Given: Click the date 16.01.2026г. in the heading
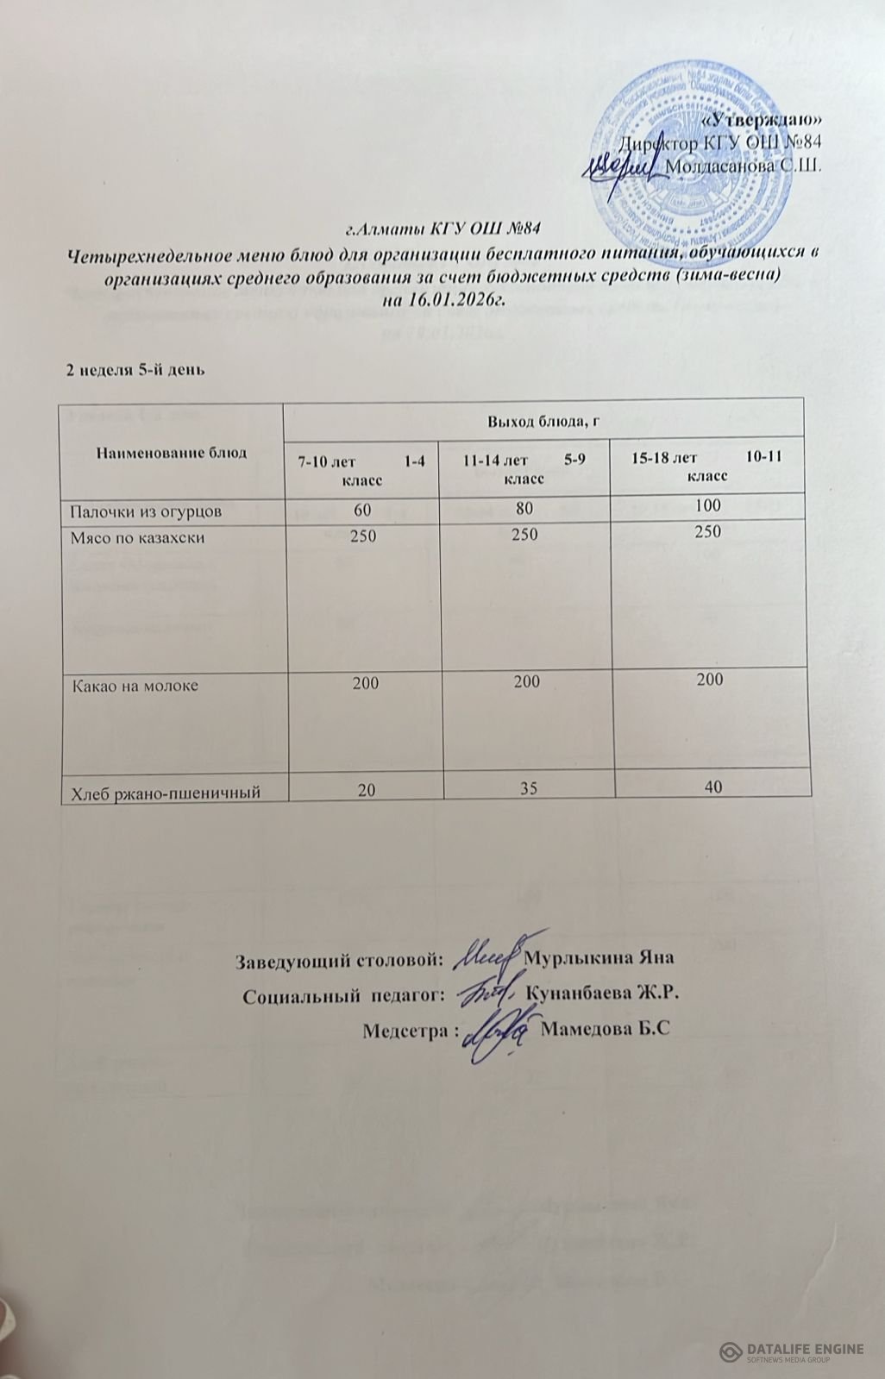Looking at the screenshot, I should pos(455,299).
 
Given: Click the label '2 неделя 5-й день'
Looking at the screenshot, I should pos(136,371).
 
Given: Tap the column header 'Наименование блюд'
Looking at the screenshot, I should pos(171,452).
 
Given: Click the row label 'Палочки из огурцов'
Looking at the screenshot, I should pos(146,511).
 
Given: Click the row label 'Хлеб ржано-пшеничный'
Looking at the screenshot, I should pos(165,789).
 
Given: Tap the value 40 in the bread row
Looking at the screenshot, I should pos(712,785).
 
